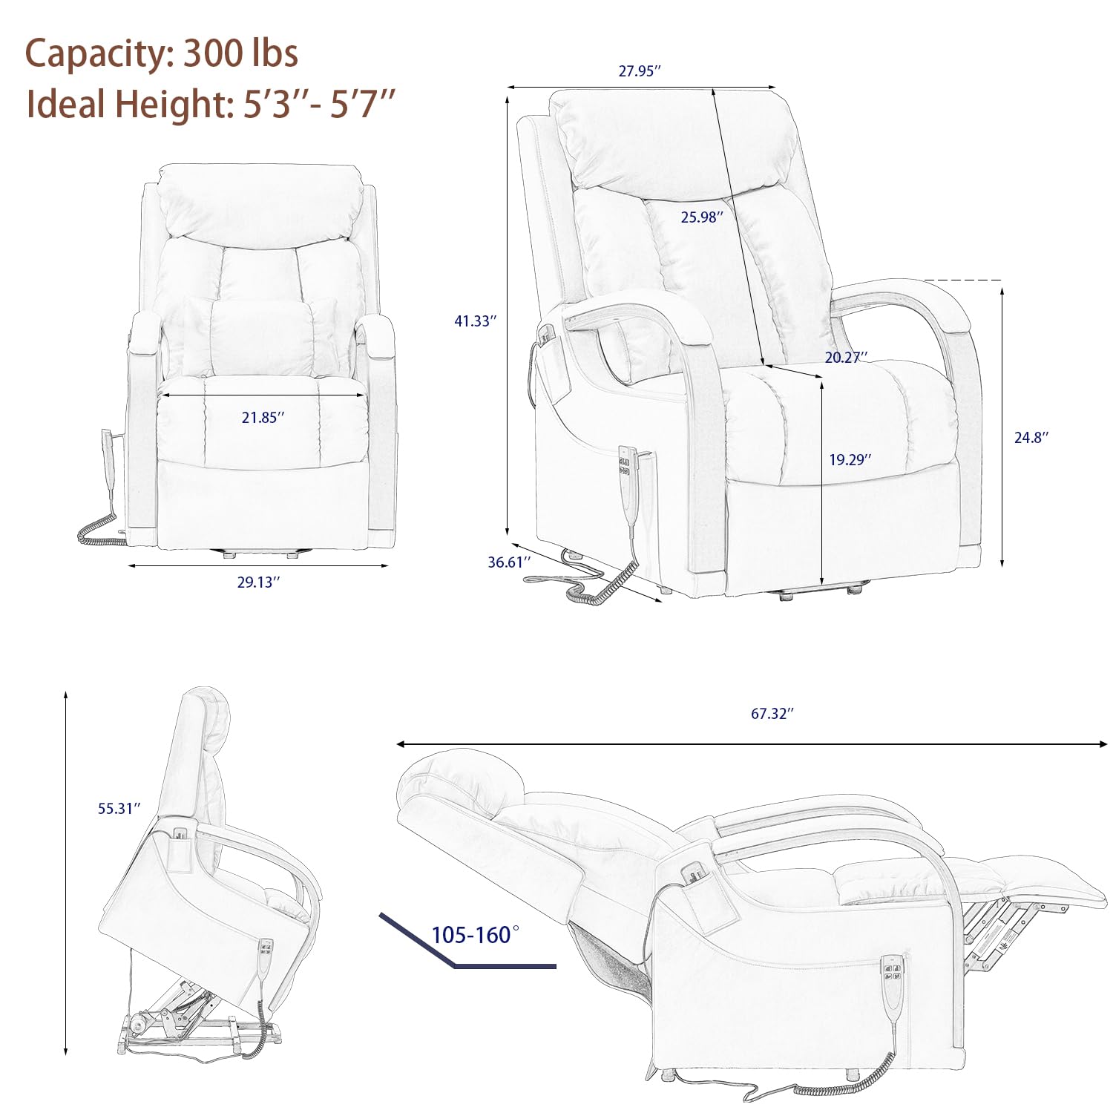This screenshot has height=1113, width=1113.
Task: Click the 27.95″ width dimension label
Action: [x=640, y=71]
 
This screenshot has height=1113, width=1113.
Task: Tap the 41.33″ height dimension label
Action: [x=475, y=321]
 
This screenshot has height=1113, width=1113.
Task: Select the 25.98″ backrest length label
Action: [x=702, y=217]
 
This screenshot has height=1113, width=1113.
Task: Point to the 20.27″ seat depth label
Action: [x=847, y=357]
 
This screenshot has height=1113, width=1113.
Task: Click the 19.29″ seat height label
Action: [x=850, y=459]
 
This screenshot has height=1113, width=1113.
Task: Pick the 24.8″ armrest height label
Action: [x=1031, y=437]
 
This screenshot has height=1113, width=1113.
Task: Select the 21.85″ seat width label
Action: [x=263, y=417]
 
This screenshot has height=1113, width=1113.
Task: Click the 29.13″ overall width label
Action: [x=259, y=582]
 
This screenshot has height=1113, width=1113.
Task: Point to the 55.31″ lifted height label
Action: [x=119, y=809]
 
